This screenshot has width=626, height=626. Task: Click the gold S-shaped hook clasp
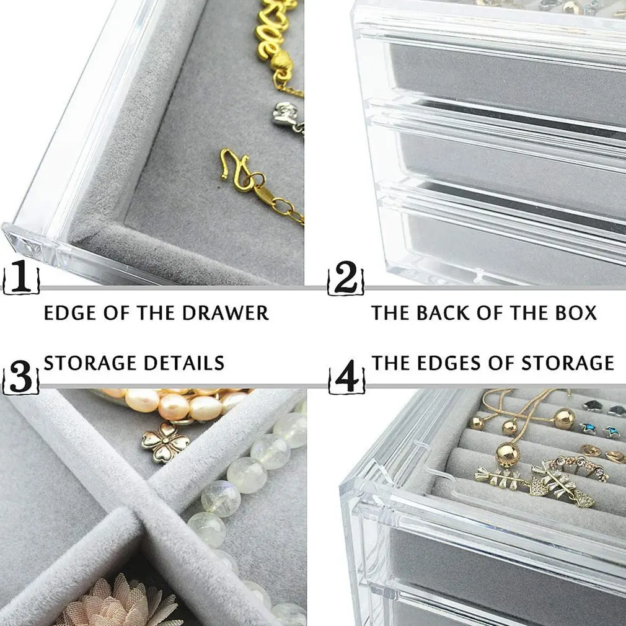tap(239, 170)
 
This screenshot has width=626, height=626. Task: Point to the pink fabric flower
tap(118, 601)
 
